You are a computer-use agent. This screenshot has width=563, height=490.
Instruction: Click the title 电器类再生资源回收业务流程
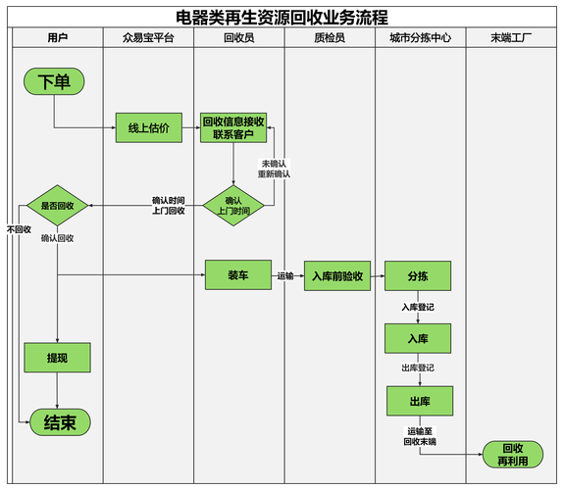click(x=281, y=17)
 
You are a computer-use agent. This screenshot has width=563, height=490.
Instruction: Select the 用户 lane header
click(x=58, y=37)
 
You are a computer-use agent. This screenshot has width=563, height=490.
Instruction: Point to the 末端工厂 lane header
click(x=511, y=37)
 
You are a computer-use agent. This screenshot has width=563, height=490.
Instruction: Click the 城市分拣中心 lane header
click(x=420, y=37)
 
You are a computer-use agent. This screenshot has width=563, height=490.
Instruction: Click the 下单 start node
click(x=55, y=82)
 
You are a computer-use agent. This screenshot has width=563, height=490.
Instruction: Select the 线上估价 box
click(x=148, y=127)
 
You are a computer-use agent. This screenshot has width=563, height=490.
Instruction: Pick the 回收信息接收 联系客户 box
click(x=233, y=127)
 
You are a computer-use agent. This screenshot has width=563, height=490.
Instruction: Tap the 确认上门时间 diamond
click(x=233, y=206)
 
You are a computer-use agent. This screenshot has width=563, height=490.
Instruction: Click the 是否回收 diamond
click(x=57, y=206)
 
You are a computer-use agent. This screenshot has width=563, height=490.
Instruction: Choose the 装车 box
click(x=237, y=275)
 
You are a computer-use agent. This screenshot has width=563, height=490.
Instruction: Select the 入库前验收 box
click(x=337, y=276)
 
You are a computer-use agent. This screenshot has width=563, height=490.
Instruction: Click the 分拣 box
click(x=418, y=276)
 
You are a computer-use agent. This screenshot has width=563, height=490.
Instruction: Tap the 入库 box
click(x=418, y=338)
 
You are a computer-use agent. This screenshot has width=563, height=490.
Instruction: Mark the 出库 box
click(x=418, y=401)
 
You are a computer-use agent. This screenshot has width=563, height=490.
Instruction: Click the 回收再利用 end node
click(x=512, y=454)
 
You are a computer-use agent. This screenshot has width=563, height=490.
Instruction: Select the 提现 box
click(x=57, y=358)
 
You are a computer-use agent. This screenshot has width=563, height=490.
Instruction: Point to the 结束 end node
click(x=60, y=422)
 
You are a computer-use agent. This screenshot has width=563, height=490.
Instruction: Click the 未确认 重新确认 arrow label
click(x=275, y=168)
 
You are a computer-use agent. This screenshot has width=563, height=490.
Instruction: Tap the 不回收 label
click(x=19, y=229)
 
